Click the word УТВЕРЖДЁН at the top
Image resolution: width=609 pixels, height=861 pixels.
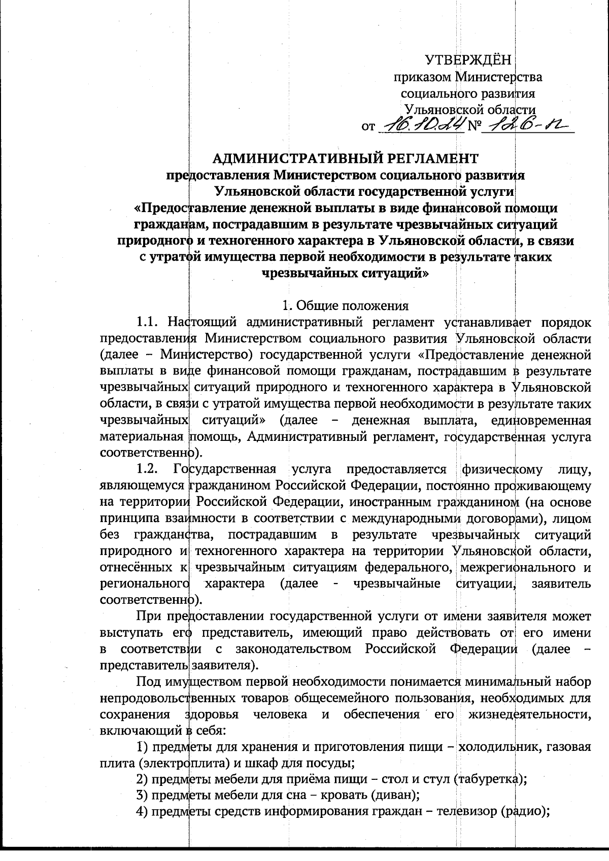(x=468, y=60)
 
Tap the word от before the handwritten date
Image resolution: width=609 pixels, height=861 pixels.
(x=368, y=126)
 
